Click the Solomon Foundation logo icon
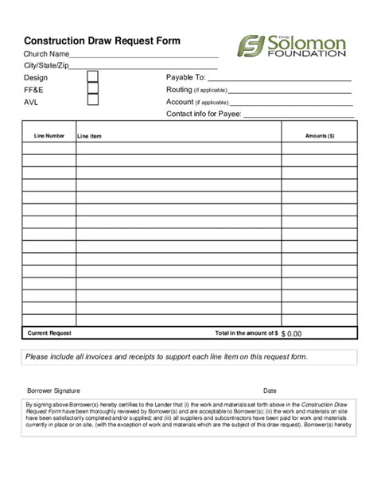[x=251, y=46]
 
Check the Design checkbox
[x=93, y=77]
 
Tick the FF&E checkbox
[x=93, y=89]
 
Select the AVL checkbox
[x=93, y=101]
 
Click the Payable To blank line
[x=279, y=80]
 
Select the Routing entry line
[x=290, y=91]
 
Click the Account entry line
[x=290, y=103]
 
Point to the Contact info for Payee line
[x=298, y=116]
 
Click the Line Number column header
[x=49, y=136]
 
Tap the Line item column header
[x=89, y=137]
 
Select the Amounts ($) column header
[x=320, y=136]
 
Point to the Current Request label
[x=49, y=332]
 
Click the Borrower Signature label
[x=53, y=391]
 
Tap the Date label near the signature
[x=270, y=391]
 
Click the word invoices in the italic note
[x=96, y=357]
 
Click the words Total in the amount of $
[x=247, y=332]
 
